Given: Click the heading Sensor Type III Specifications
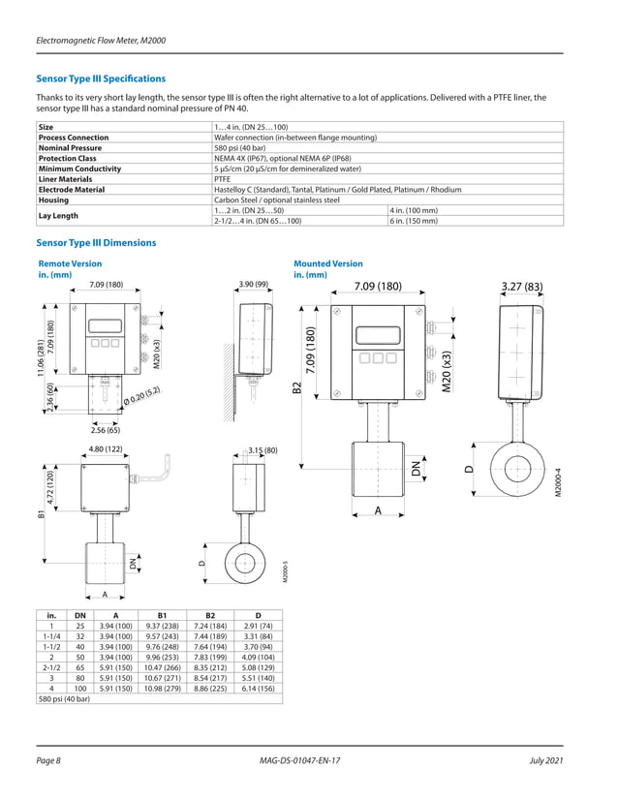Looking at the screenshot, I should coord(101,78).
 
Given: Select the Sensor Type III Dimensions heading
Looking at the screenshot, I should coord(95,242).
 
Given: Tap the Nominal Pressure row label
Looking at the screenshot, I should coord(73,147).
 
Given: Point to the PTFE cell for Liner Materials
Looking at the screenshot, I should coord(223,179).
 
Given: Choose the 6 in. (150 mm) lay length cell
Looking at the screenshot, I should coord(414,221).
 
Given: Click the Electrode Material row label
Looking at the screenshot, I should coord(71,190).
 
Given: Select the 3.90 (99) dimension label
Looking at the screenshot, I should coord(252,284).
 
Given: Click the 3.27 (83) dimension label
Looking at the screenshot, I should coord(521,286).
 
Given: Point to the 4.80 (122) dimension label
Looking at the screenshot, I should coord(105,449).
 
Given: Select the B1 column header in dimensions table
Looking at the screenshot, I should coord(163,615).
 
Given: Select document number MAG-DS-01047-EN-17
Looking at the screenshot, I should coord(308,762).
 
